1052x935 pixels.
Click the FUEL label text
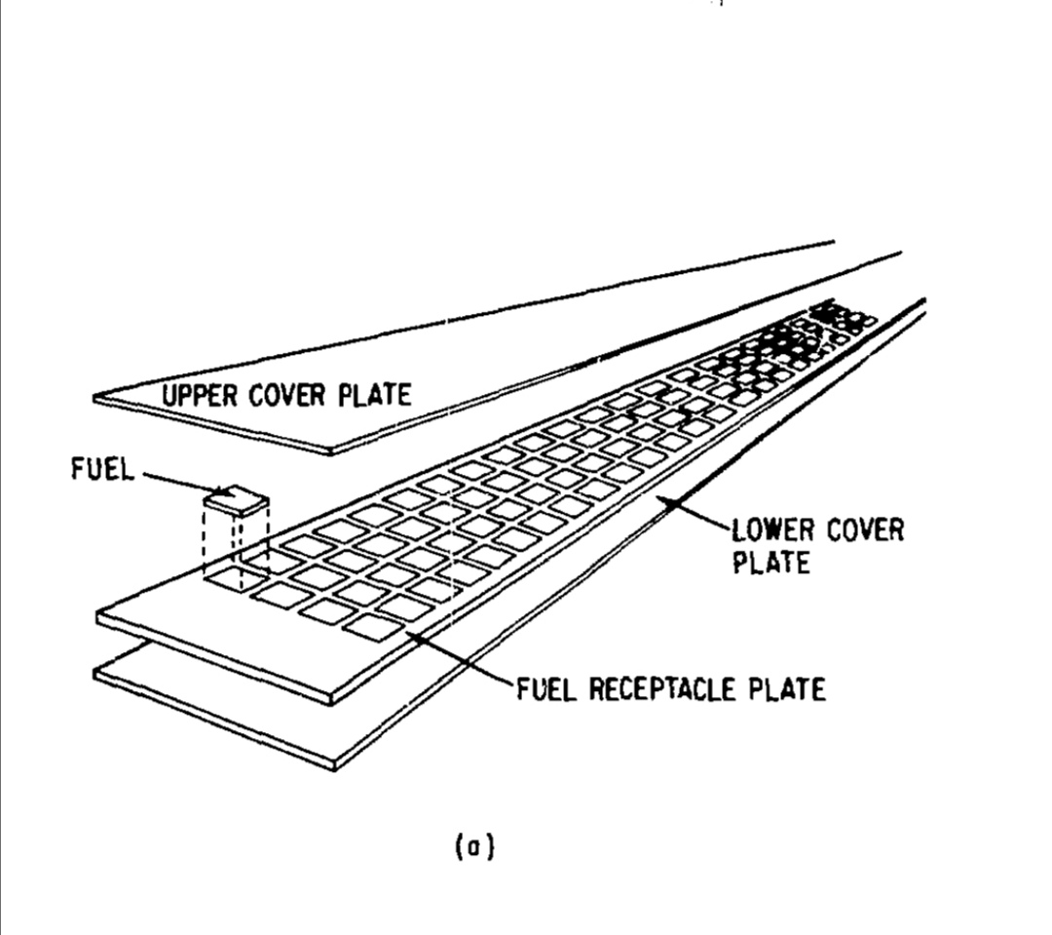coord(100,470)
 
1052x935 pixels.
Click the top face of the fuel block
coord(236,499)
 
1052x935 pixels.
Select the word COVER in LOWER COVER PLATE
coord(865,530)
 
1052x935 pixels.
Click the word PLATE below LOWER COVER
coord(771,563)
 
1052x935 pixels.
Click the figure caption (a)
coord(475,847)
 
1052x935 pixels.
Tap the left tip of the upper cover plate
coord(95,397)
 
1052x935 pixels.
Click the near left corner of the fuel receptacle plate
coord(98,614)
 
